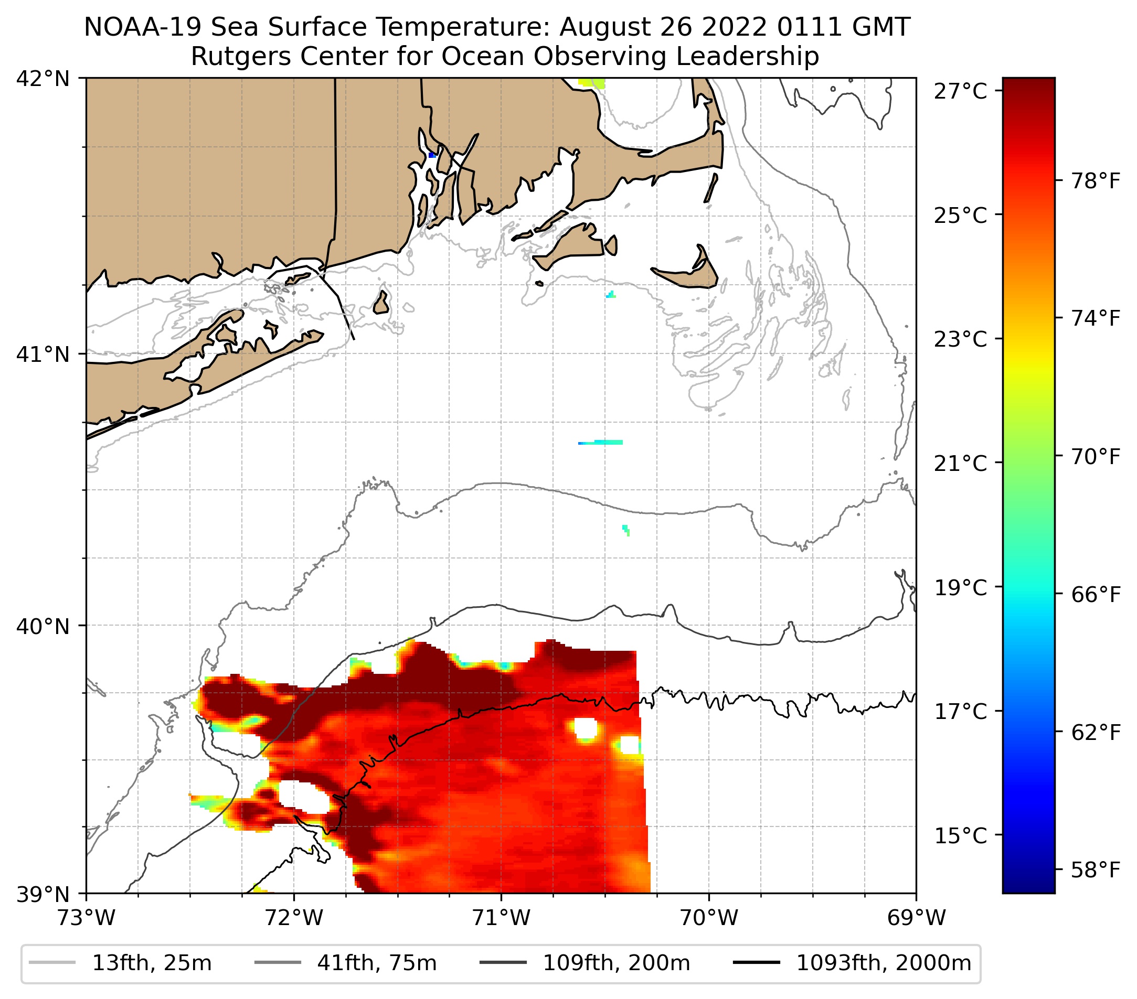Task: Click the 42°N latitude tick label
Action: tap(43, 79)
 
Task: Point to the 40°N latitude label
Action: tap(43, 627)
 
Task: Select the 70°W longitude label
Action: tap(709, 918)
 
